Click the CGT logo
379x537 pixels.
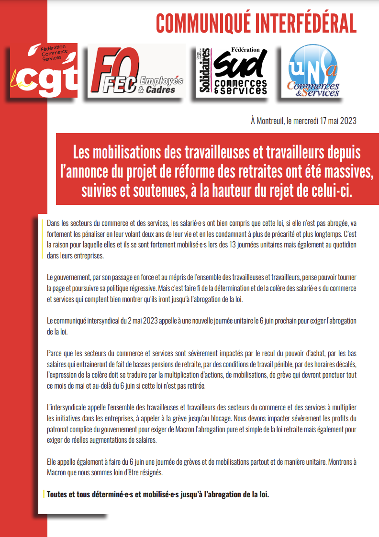(x=44, y=70)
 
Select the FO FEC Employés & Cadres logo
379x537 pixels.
(x=136, y=71)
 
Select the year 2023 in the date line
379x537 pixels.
(x=347, y=121)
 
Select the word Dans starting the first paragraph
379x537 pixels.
(x=54, y=224)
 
